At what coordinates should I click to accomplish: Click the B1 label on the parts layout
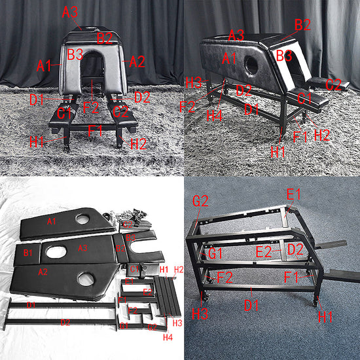[27, 251]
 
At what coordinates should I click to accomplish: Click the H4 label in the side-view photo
[213, 115]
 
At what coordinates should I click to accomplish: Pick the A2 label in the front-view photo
[137, 62]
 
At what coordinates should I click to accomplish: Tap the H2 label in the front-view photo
[138, 143]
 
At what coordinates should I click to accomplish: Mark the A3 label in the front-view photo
[70, 11]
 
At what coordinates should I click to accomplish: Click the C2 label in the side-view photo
[334, 84]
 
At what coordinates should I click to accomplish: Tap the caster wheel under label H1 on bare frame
[317, 303]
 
